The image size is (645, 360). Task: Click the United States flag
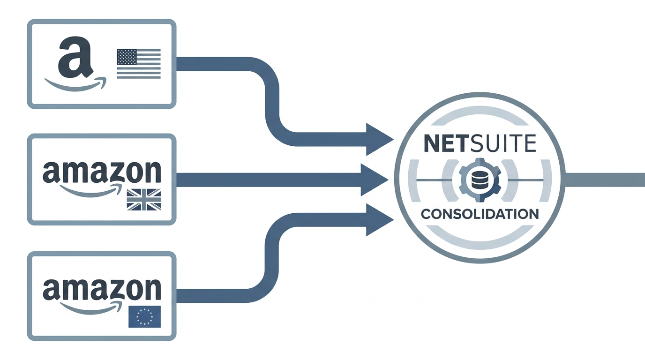(x=138, y=63)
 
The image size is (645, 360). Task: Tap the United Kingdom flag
(x=144, y=199)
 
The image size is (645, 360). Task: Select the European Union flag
(x=144, y=316)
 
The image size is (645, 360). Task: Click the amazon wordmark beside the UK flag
(x=102, y=172)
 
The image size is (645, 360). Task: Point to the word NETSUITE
(x=480, y=144)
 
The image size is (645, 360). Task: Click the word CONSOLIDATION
(x=480, y=214)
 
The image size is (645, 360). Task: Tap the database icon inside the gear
(x=480, y=180)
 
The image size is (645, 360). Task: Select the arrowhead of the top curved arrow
(x=379, y=139)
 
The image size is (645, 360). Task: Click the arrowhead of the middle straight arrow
(x=374, y=180)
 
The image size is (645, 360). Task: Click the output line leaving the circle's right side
(x=605, y=180)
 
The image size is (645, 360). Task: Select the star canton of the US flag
(x=126, y=57)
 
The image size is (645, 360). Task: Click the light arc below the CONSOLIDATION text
(x=480, y=239)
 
